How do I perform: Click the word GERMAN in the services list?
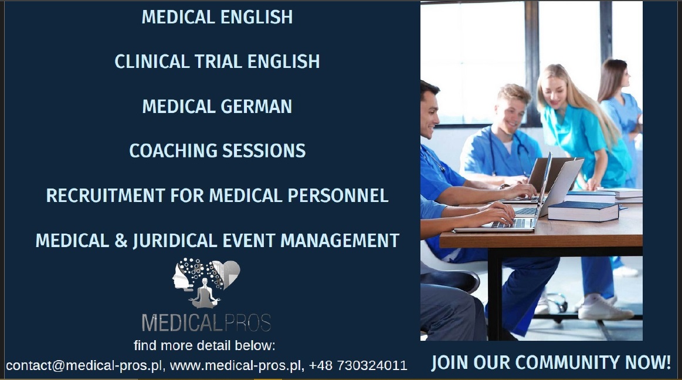(x=256, y=107)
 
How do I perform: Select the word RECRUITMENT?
(x=105, y=196)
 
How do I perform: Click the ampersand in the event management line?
(x=121, y=241)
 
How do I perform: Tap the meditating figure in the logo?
(x=205, y=293)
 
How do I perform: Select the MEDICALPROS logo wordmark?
(x=206, y=323)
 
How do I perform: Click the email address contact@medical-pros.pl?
(x=83, y=365)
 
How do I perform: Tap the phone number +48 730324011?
(x=358, y=365)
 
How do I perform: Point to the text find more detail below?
(x=205, y=345)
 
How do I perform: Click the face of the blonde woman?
(x=552, y=92)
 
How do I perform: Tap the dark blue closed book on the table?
(x=583, y=211)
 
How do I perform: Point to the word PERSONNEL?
(x=338, y=196)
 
